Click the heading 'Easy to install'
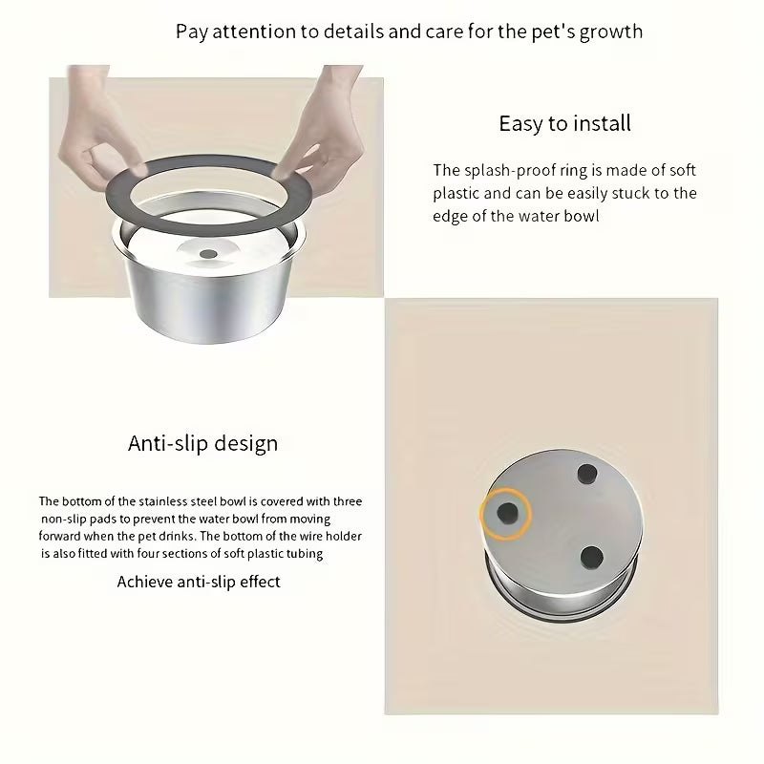pos(564,123)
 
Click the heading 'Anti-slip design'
pos(203,443)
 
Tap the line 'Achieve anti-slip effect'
pos(199,581)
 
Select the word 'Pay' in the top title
pos(191,31)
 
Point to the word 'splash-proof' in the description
pos(510,171)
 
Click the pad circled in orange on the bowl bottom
pos(505,514)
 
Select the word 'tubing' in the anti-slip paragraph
pos(303,554)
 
